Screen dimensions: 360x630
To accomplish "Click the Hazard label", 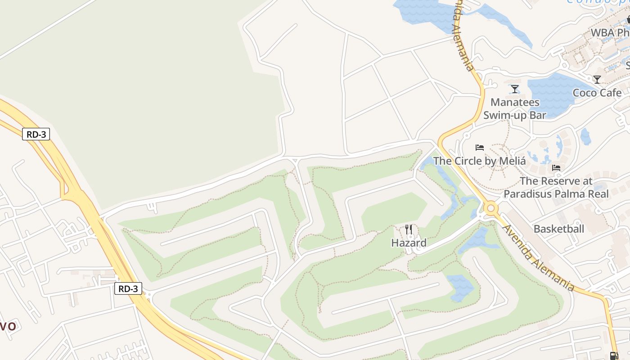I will click(409, 243).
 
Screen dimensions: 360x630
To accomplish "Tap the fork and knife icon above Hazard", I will click(409, 229).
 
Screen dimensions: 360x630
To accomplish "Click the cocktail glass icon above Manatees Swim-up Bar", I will click(515, 89).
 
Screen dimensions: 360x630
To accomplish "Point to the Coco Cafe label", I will click(597, 93).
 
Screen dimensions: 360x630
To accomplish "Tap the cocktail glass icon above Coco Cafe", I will click(597, 80).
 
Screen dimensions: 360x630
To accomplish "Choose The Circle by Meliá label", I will click(479, 161).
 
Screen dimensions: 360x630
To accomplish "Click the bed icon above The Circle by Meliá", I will click(480, 147).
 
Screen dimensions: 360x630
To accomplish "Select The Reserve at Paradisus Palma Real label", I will click(556, 188).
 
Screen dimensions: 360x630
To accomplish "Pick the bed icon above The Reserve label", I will click(556, 168).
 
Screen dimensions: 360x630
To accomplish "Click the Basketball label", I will click(558, 229).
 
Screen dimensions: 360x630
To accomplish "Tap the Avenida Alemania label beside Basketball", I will click(538, 257).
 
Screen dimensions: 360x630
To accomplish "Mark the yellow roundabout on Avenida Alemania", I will click(490, 208).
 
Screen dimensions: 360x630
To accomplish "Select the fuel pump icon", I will click(614, 355).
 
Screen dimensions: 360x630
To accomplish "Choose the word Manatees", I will click(515, 103).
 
